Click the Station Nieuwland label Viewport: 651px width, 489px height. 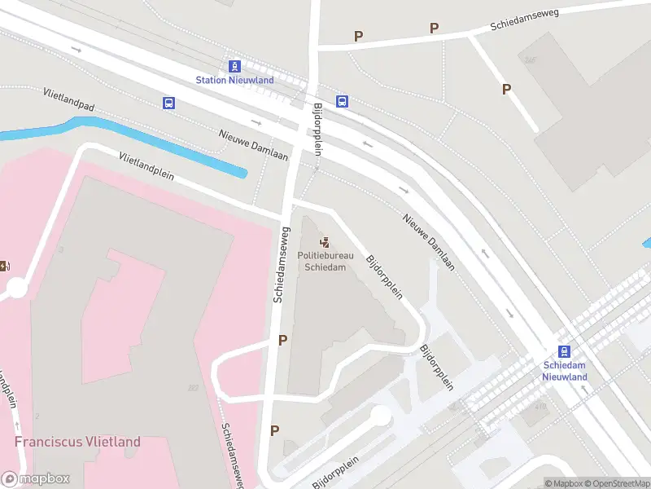[x=234, y=80]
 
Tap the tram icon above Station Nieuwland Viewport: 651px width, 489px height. [x=234, y=66]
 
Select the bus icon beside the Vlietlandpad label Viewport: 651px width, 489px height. [x=168, y=103]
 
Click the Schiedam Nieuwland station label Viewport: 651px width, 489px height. [x=565, y=372]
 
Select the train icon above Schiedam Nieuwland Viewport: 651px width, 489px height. [x=565, y=352]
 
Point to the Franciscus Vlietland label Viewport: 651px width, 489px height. [x=77, y=442]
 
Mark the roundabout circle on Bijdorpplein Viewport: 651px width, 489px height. [x=380, y=416]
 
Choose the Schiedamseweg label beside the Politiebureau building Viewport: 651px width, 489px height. [x=279, y=265]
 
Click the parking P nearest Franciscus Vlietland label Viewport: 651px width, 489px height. [x=274, y=430]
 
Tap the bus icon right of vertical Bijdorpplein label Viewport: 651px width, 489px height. [x=343, y=102]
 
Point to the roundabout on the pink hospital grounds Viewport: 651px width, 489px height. [x=16, y=288]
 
